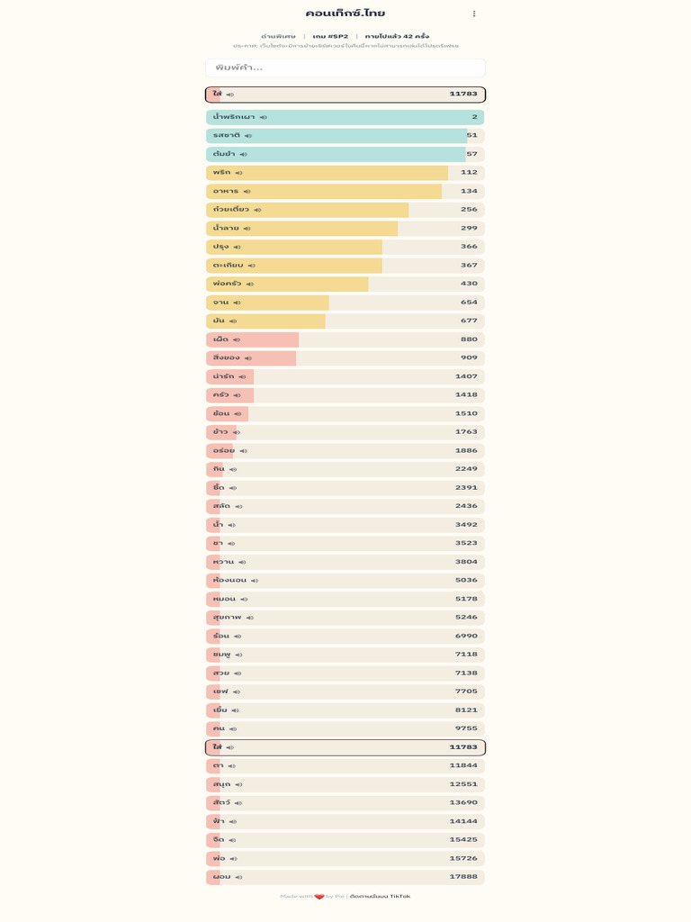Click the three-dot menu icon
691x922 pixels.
click(474, 14)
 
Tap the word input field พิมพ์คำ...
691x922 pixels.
click(345, 68)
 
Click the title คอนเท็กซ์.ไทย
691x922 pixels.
click(345, 14)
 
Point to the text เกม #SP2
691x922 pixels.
click(330, 36)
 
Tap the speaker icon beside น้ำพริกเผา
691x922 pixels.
click(264, 118)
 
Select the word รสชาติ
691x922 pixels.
click(227, 136)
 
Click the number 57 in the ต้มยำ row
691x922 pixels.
click(471, 154)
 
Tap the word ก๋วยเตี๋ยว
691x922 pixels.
click(231, 210)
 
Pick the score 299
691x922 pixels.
click(469, 229)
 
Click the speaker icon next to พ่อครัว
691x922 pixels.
click(250, 285)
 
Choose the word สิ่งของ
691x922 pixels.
click(227, 358)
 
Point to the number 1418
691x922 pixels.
click(466, 395)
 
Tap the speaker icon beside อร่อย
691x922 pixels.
click(244, 451)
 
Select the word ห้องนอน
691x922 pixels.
click(229, 581)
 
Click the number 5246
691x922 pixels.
click(466, 618)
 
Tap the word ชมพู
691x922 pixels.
click(222, 655)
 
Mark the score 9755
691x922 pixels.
click(466, 728)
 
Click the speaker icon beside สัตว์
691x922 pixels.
click(238, 803)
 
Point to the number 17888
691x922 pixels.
click(463, 877)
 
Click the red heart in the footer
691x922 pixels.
click(319, 897)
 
